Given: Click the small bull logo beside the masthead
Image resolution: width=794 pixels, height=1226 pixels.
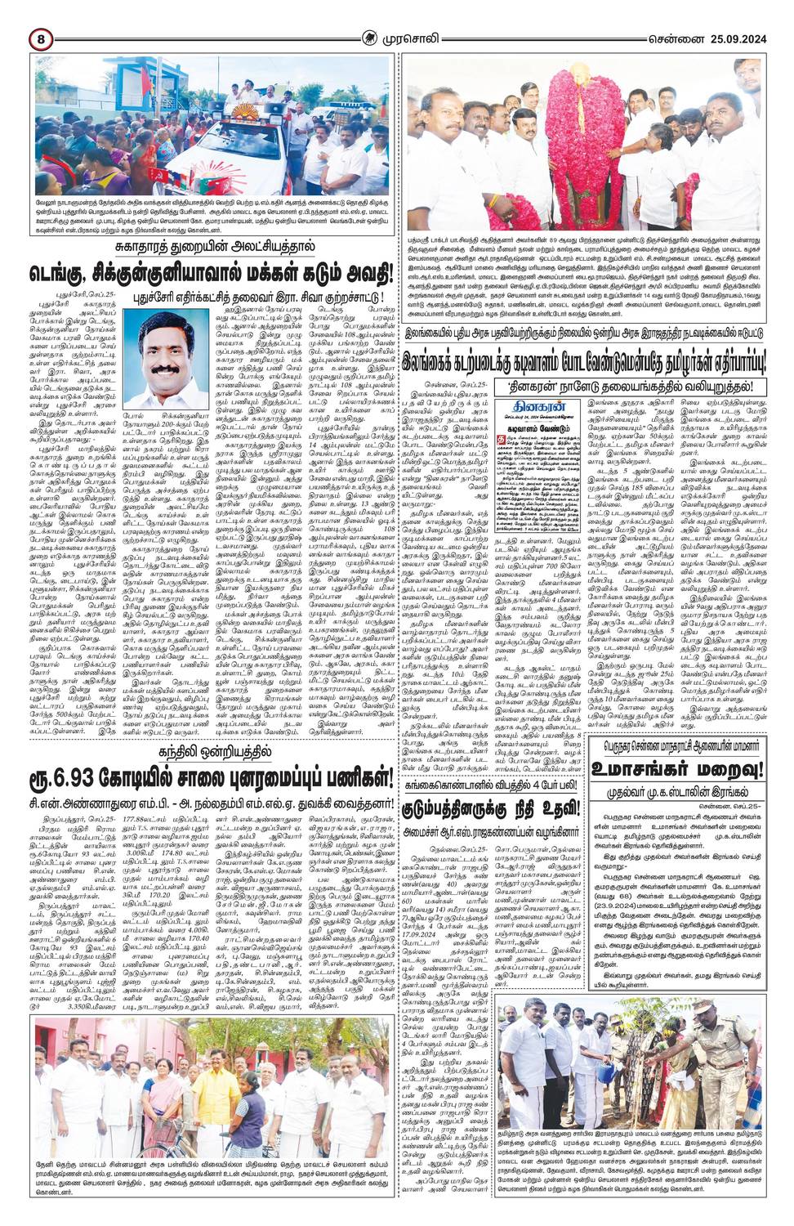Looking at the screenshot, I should (x=375, y=38).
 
